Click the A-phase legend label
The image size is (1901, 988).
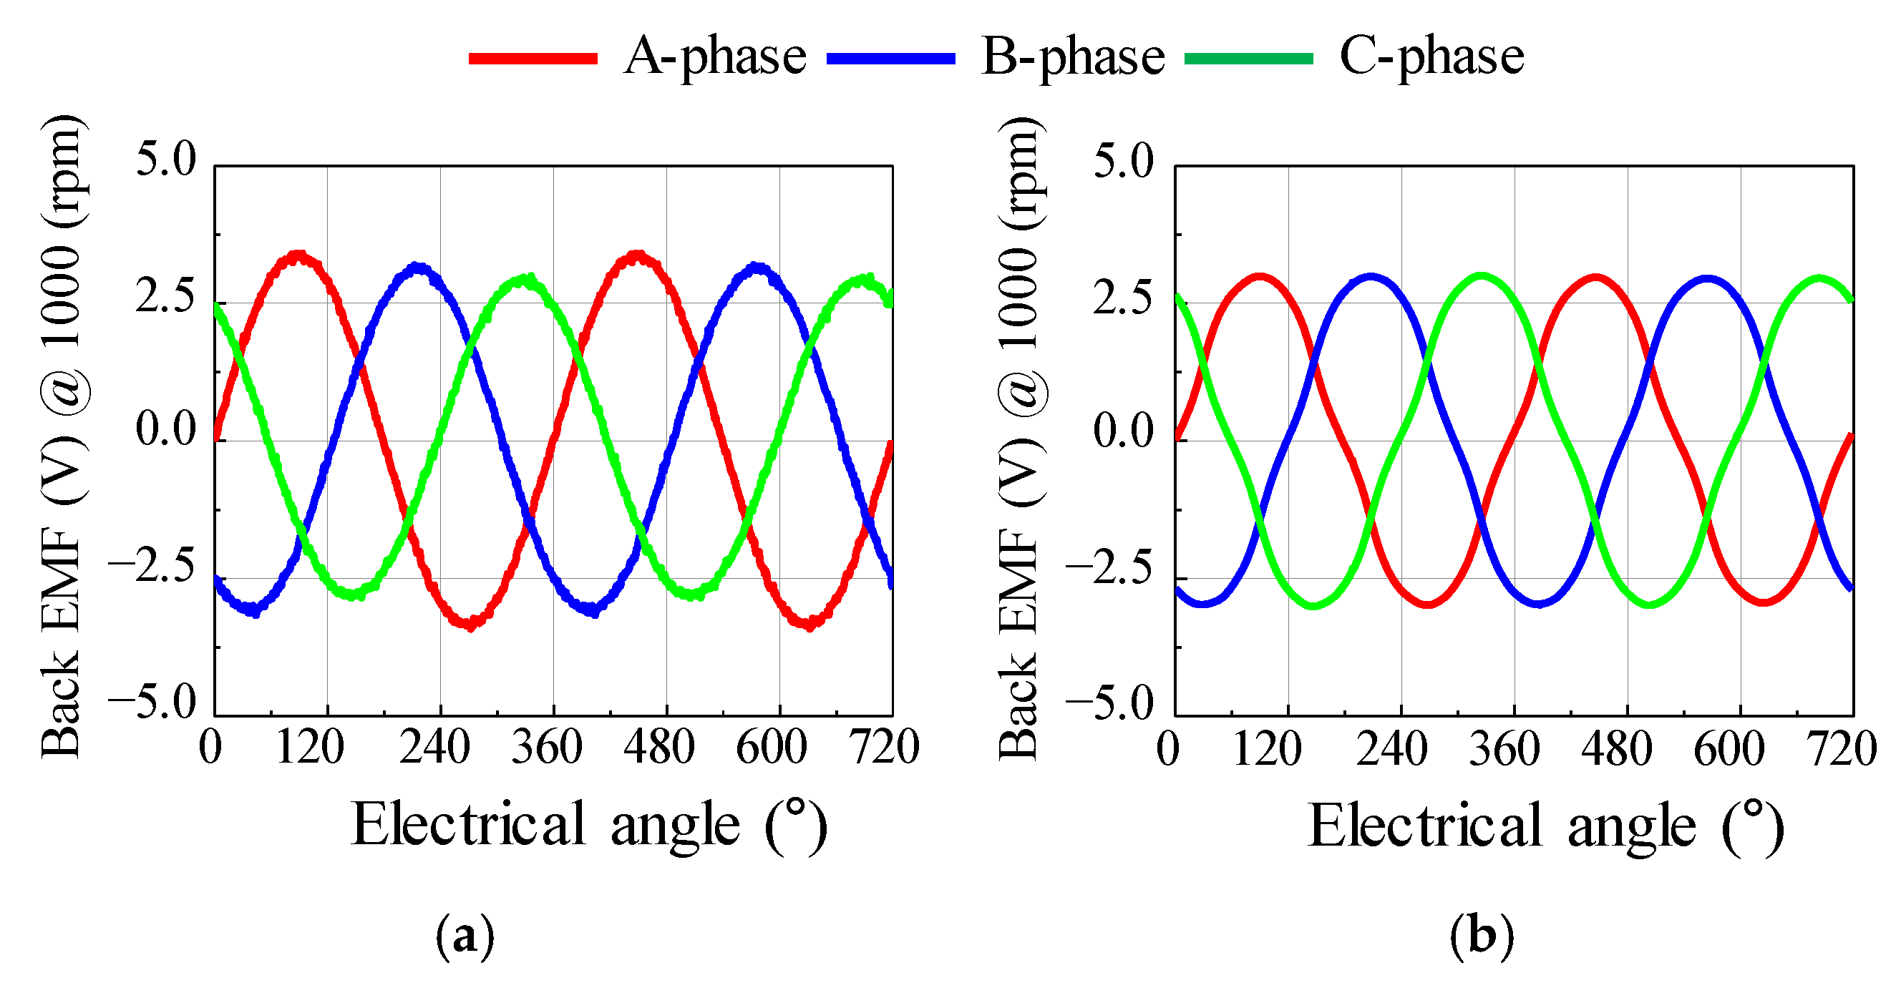point(714,57)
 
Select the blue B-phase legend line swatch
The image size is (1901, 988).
point(890,58)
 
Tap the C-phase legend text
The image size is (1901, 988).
point(1431,57)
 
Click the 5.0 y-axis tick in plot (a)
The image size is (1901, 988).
point(166,159)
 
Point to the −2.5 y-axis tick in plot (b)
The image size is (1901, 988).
point(1109,568)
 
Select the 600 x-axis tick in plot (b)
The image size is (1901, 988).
point(1729,748)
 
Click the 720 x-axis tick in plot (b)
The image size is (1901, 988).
point(1842,748)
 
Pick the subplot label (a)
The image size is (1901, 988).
point(465,936)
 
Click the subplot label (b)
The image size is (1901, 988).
point(1482,936)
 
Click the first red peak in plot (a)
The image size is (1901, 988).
point(298,256)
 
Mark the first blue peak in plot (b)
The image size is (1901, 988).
point(1371,278)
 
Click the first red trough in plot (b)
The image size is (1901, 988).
point(1429,605)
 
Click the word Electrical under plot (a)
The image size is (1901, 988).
point(469,824)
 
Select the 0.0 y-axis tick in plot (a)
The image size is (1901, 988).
point(166,430)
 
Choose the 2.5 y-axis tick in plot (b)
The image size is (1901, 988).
point(1122,298)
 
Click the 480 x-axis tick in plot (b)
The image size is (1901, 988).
point(1616,748)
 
